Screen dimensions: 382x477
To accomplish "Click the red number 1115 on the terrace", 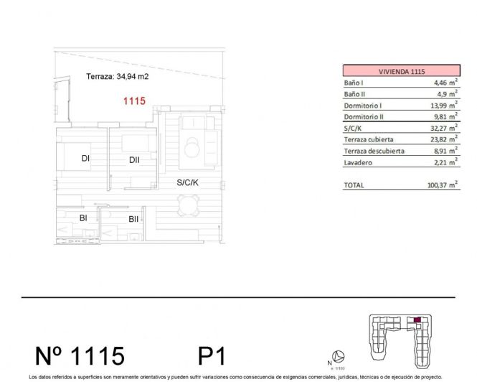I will [x=135, y=101].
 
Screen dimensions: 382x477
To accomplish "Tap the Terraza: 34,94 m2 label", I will [x=116, y=76].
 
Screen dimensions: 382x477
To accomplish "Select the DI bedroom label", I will [x=85, y=159].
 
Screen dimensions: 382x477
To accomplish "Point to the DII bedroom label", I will [x=134, y=160].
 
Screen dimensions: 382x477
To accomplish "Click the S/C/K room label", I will [x=187, y=182].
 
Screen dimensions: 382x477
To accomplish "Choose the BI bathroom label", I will [x=83, y=218].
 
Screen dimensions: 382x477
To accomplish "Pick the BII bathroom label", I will [x=133, y=219].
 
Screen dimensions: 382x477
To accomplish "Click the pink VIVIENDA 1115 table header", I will [x=397, y=71].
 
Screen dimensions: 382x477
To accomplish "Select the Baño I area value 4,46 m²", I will [x=439, y=83].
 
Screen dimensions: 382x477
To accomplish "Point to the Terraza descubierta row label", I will [x=374, y=152].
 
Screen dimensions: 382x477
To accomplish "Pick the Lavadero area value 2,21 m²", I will [x=439, y=163].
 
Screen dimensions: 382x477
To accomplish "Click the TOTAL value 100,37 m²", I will [x=436, y=185].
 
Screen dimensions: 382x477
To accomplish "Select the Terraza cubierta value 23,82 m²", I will [x=438, y=140].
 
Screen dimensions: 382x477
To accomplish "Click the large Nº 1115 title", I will [x=80, y=355].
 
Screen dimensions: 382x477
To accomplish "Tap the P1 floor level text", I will [x=212, y=355].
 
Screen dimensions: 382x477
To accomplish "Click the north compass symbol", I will [x=341, y=357].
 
